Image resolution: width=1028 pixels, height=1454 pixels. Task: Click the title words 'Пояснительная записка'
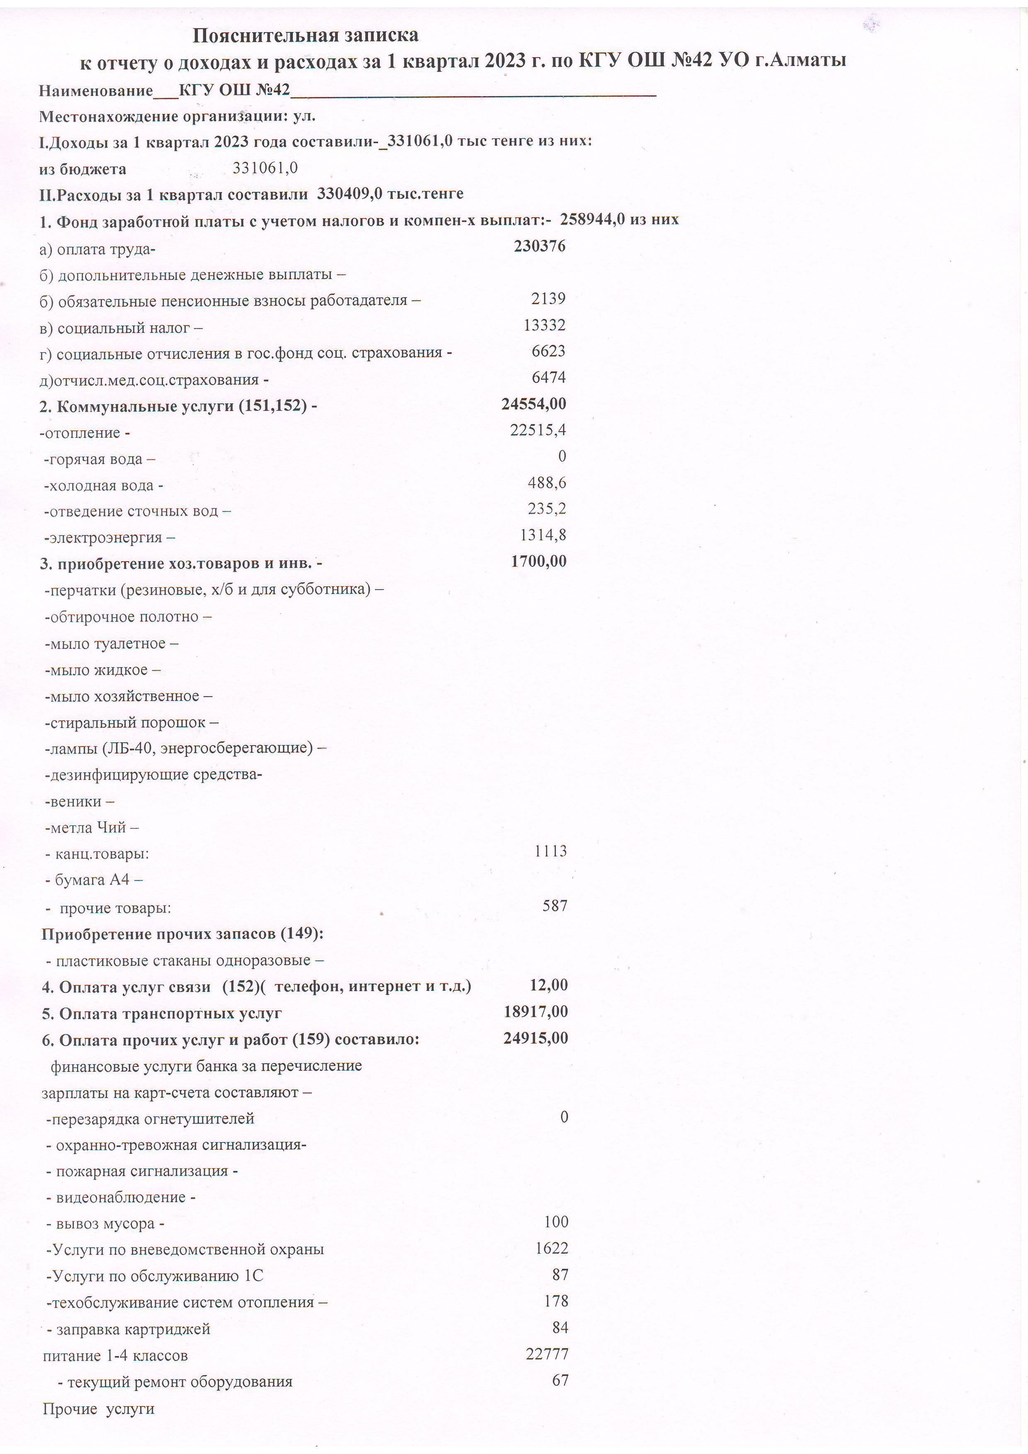(x=305, y=36)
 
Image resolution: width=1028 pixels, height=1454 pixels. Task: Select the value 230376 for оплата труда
(x=540, y=246)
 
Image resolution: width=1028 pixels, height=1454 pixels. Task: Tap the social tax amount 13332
(x=544, y=325)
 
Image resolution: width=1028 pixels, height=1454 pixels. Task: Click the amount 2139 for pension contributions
(x=548, y=299)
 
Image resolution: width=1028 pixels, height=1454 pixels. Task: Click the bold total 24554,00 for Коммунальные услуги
(x=533, y=404)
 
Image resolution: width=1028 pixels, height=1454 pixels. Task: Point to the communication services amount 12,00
(x=548, y=985)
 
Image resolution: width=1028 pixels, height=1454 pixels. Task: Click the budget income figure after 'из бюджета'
(x=265, y=168)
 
